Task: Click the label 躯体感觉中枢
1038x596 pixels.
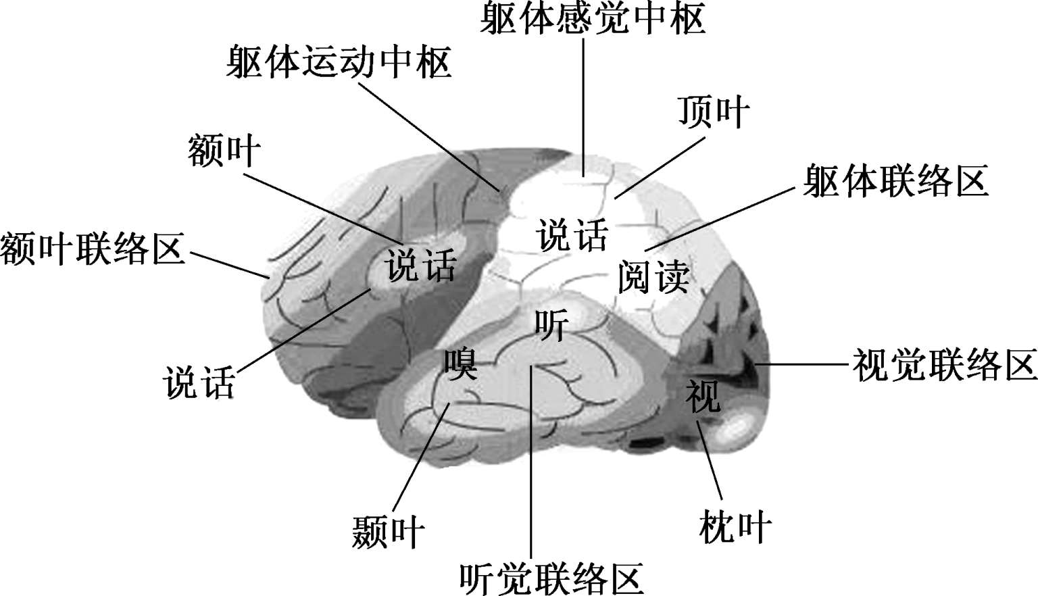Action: tap(593, 18)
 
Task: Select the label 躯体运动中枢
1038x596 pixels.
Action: tap(339, 63)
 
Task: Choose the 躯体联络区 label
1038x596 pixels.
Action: tap(895, 180)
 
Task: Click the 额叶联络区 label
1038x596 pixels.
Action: tap(93, 248)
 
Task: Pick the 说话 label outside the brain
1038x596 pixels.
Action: tap(199, 382)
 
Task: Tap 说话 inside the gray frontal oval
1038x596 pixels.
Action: tap(420, 264)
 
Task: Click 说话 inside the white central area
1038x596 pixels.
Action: tap(572, 235)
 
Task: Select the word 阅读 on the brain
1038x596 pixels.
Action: tap(653, 276)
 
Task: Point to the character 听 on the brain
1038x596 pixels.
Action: tap(551, 325)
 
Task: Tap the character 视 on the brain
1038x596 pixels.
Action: tap(703, 395)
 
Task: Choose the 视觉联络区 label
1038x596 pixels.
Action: tap(944, 366)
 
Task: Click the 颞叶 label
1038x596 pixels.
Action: tap(388, 532)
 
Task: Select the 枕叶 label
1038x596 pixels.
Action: tap(735, 526)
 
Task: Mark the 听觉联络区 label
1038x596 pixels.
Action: tap(551, 579)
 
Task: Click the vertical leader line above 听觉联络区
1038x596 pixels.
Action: tap(531, 473)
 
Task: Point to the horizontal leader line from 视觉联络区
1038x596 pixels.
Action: tap(804, 364)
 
